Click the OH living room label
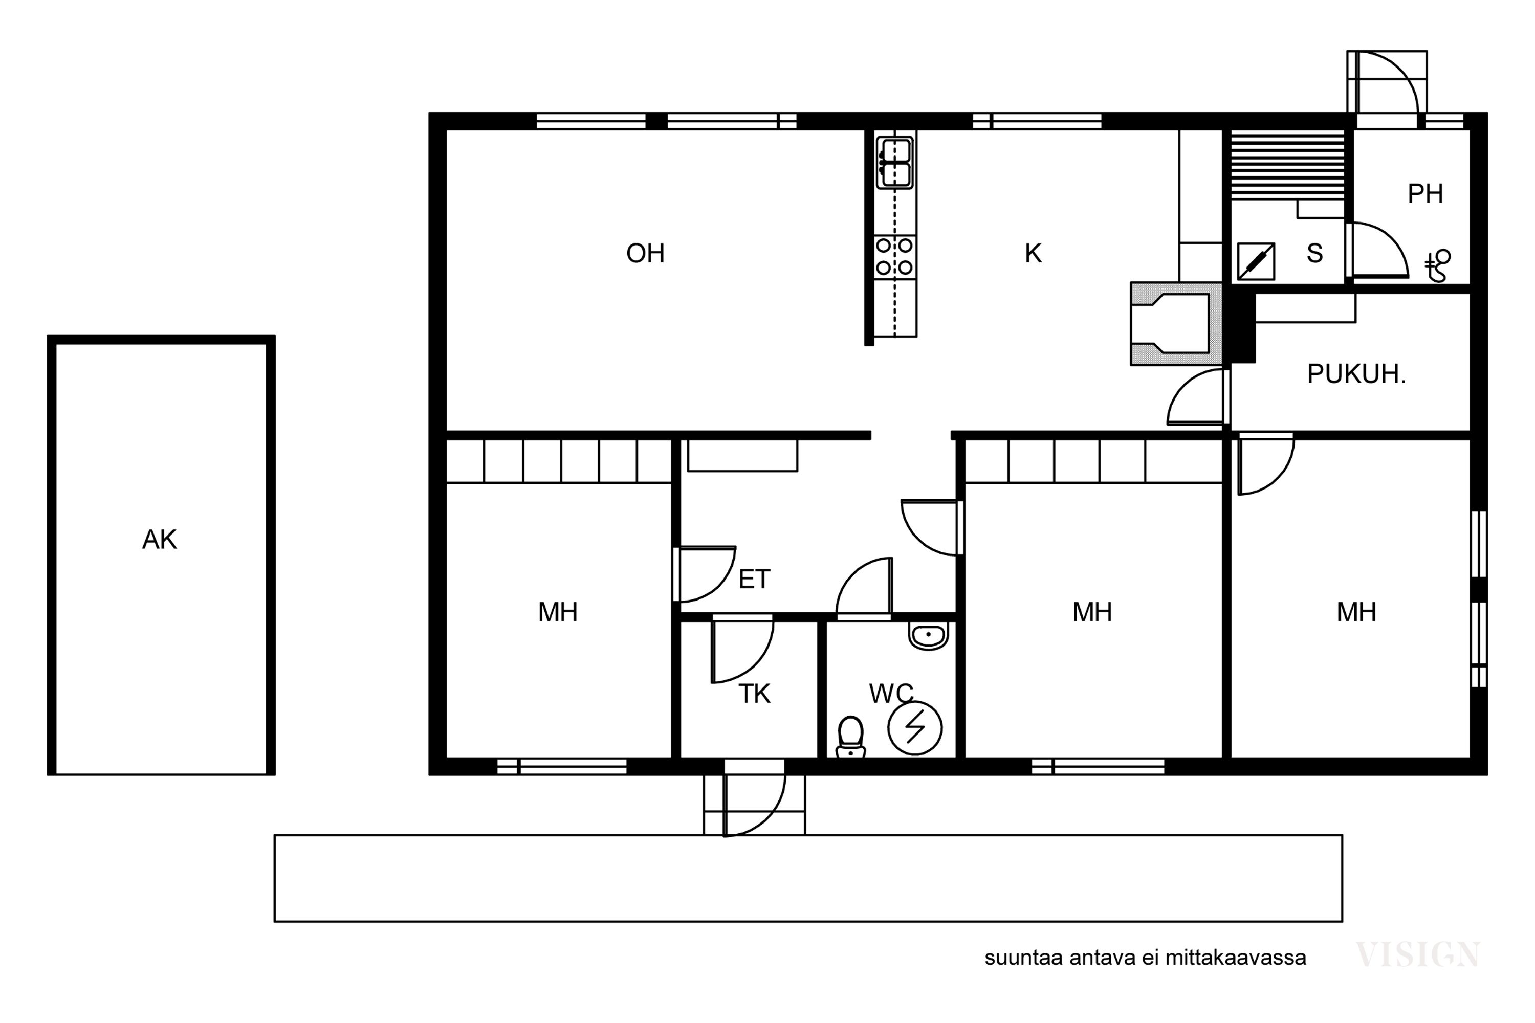[645, 253]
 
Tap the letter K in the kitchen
[1033, 253]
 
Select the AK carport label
[159, 540]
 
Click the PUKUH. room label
[1356, 374]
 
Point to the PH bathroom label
[1424, 194]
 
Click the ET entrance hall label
[754, 580]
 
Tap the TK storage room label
[754, 694]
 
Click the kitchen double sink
[895, 163]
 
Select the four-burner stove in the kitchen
[895, 256]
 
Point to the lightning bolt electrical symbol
[914, 728]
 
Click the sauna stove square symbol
[1256, 261]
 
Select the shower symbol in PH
[1438, 265]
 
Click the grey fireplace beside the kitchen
[1176, 324]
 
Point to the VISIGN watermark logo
[1417, 954]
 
